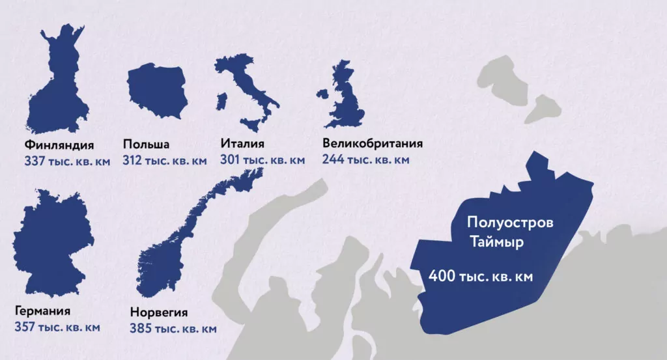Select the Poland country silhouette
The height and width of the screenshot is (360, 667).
tap(156, 91)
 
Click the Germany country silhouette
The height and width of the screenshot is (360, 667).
tap(52, 241)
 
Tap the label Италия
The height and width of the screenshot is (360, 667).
tap(242, 144)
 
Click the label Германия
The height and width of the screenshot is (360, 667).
tap(42, 311)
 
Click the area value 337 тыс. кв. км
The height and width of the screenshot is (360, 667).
tap(67, 160)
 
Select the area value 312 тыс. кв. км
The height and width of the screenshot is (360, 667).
tap(164, 160)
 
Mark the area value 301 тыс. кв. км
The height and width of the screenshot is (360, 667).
tap(262, 159)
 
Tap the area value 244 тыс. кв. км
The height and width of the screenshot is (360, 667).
tap(365, 159)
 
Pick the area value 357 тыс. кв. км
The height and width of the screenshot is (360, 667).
tap(57, 327)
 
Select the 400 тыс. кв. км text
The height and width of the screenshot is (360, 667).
tap(480, 277)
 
